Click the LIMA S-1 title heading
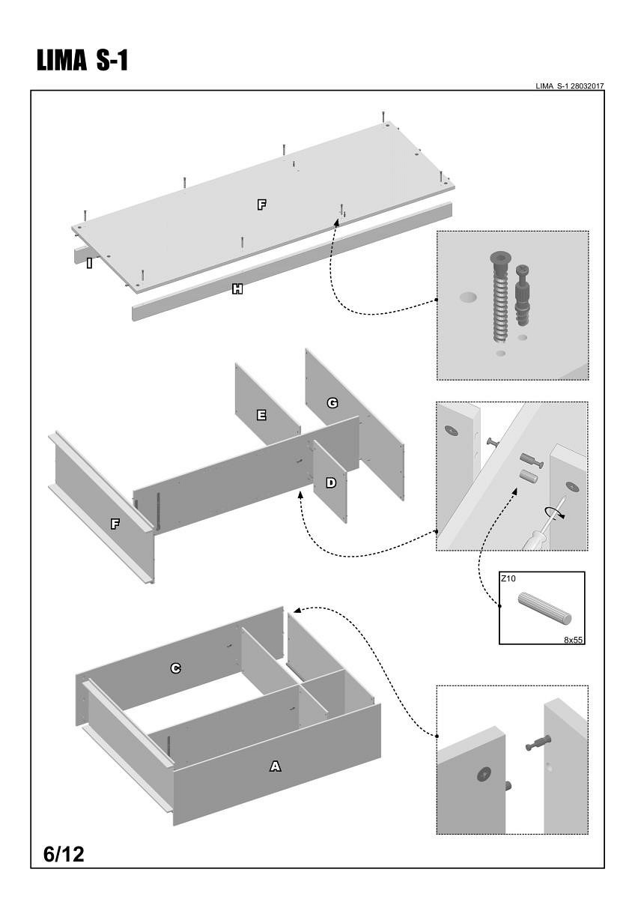pyautogui.click(x=82, y=61)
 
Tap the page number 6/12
pyautogui.click(x=64, y=854)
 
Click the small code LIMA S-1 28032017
pyautogui.click(x=570, y=86)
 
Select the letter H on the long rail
pyautogui.click(x=237, y=289)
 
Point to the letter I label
pyautogui.click(x=89, y=263)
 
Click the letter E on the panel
pyautogui.click(x=261, y=415)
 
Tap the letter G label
pyautogui.click(x=332, y=403)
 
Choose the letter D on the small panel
pyautogui.click(x=330, y=483)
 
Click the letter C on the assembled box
pyautogui.click(x=175, y=668)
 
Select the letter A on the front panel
pyautogui.click(x=275, y=766)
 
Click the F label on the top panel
pyautogui.click(x=261, y=205)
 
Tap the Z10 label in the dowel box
pyautogui.click(x=509, y=579)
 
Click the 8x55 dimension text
pyautogui.click(x=574, y=640)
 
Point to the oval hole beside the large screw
pyautogui.click(x=468, y=297)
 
